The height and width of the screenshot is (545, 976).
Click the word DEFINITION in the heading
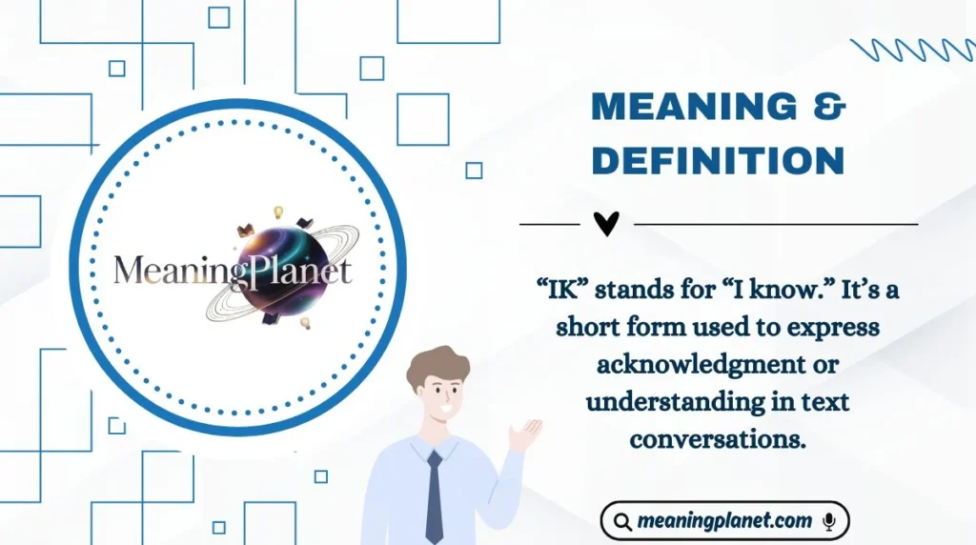point(718,160)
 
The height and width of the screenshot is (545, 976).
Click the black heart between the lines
point(606,224)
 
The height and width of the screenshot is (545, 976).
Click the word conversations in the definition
point(718,439)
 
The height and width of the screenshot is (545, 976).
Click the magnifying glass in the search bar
point(622,522)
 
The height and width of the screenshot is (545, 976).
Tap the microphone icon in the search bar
point(828,521)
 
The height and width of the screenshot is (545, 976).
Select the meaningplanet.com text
point(724,521)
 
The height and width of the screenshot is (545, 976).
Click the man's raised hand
point(524,434)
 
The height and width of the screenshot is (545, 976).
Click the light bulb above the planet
point(279,212)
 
